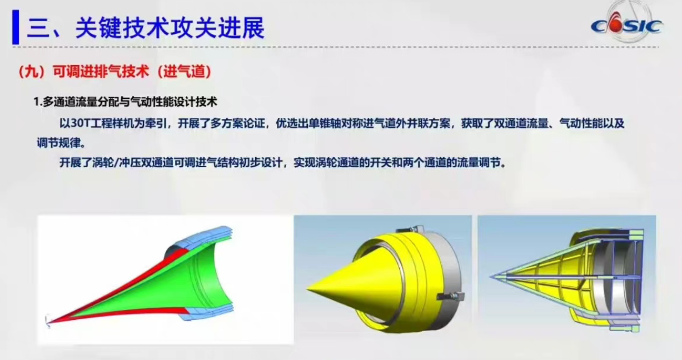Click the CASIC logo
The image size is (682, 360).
tap(626, 26)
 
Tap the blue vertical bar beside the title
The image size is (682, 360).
tap(16, 27)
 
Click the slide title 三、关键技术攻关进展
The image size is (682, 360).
tap(146, 28)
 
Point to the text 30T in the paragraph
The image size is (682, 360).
tap(80, 123)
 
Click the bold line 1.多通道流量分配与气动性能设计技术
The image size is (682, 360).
tap(125, 102)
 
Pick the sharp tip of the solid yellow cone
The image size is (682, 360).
tap(307, 289)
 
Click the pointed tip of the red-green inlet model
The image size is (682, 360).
tap(49, 323)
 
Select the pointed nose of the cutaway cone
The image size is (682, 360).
tap(490, 277)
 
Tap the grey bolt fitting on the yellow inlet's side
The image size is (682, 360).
tap(451, 296)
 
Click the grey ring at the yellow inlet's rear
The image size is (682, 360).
tap(450, 274)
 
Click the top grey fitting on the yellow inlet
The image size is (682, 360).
tap(414, 229)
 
